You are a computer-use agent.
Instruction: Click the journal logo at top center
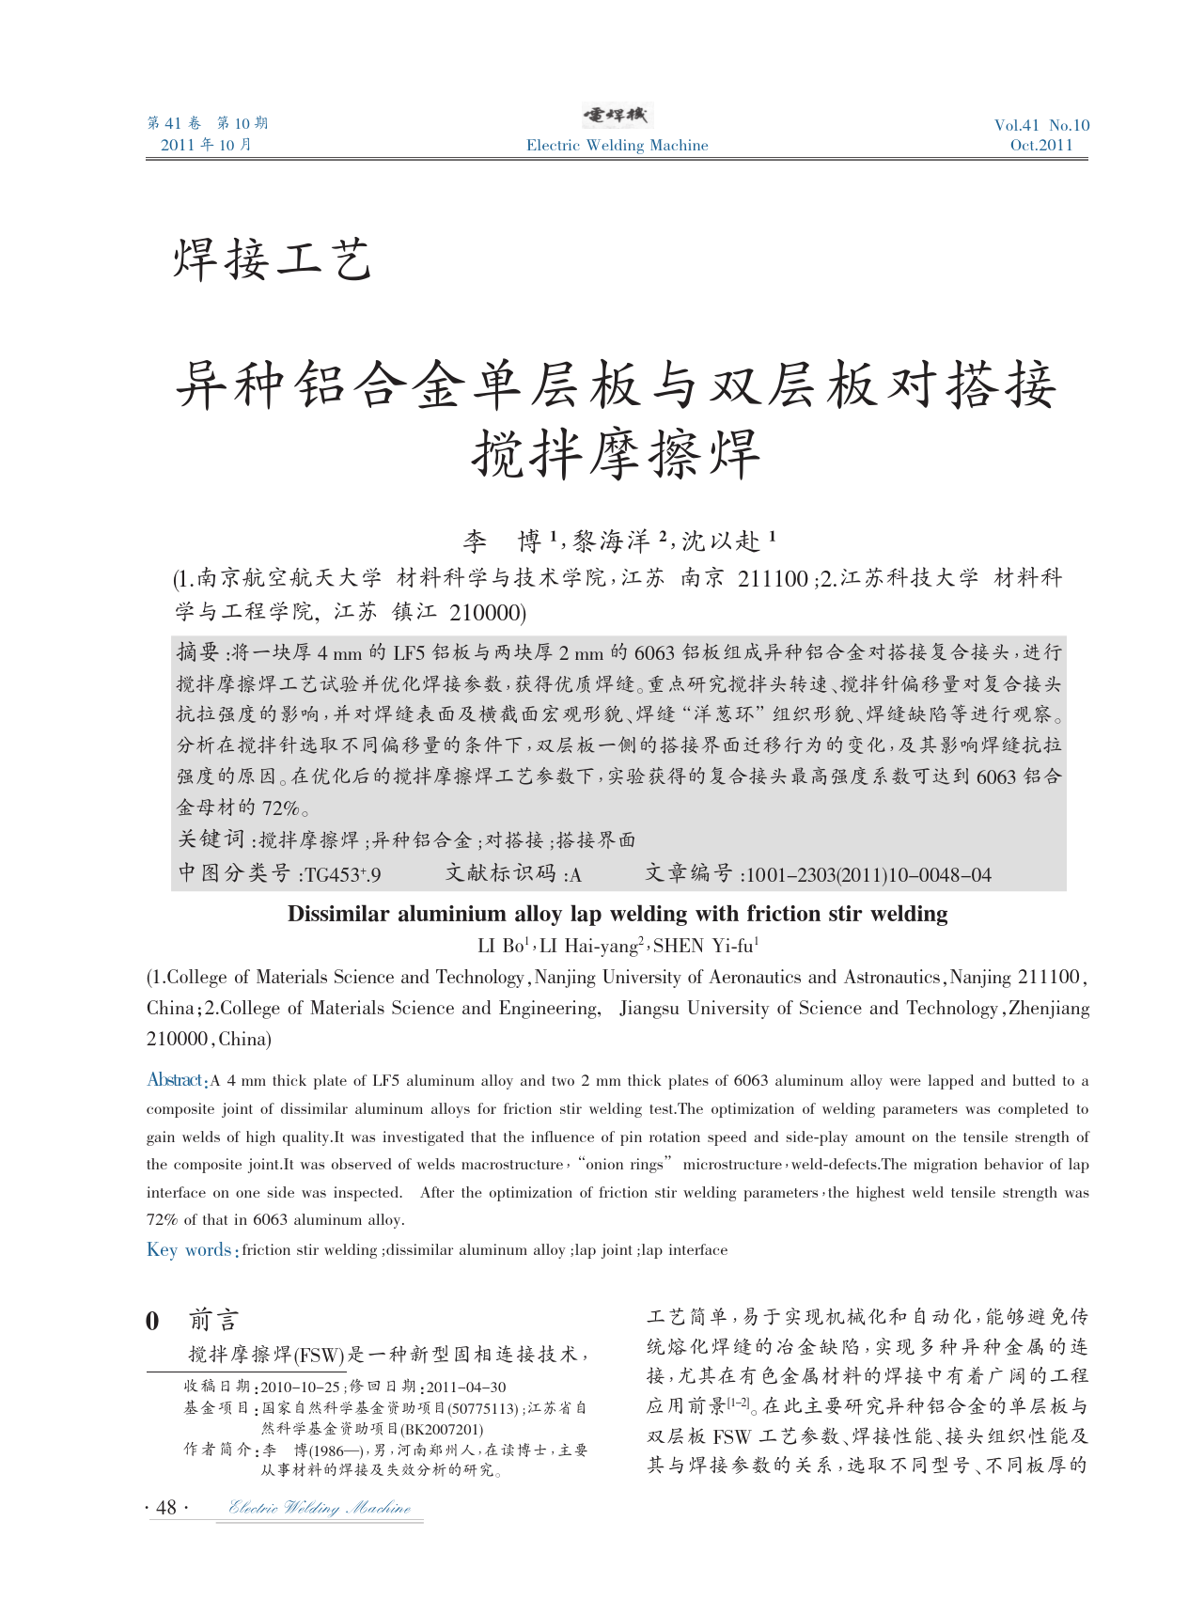pos(617,116)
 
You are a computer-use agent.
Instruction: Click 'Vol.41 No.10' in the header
pos(1041,125)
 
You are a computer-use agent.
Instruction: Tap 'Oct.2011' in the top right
pos(1041,145)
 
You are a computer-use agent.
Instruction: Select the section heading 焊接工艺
pos(273,260)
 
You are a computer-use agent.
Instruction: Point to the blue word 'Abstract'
pos(176,1080)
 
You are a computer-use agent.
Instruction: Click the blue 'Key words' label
pos(189,1250)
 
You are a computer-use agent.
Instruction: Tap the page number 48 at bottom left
pos(166,1508)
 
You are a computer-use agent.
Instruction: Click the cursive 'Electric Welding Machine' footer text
pos(320,1508)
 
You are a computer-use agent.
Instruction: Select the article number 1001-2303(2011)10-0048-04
pos(867,875)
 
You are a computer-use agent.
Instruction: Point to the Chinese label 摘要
pos(199,651)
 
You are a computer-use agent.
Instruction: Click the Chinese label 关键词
pos(212,839)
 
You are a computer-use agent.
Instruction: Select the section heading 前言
pos(213,1320)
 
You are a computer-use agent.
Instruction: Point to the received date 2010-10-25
pos(300,1387)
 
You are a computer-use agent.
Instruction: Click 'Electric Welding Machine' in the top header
pos(617,145)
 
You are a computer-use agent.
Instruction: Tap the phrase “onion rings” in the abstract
pos(628,1165)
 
